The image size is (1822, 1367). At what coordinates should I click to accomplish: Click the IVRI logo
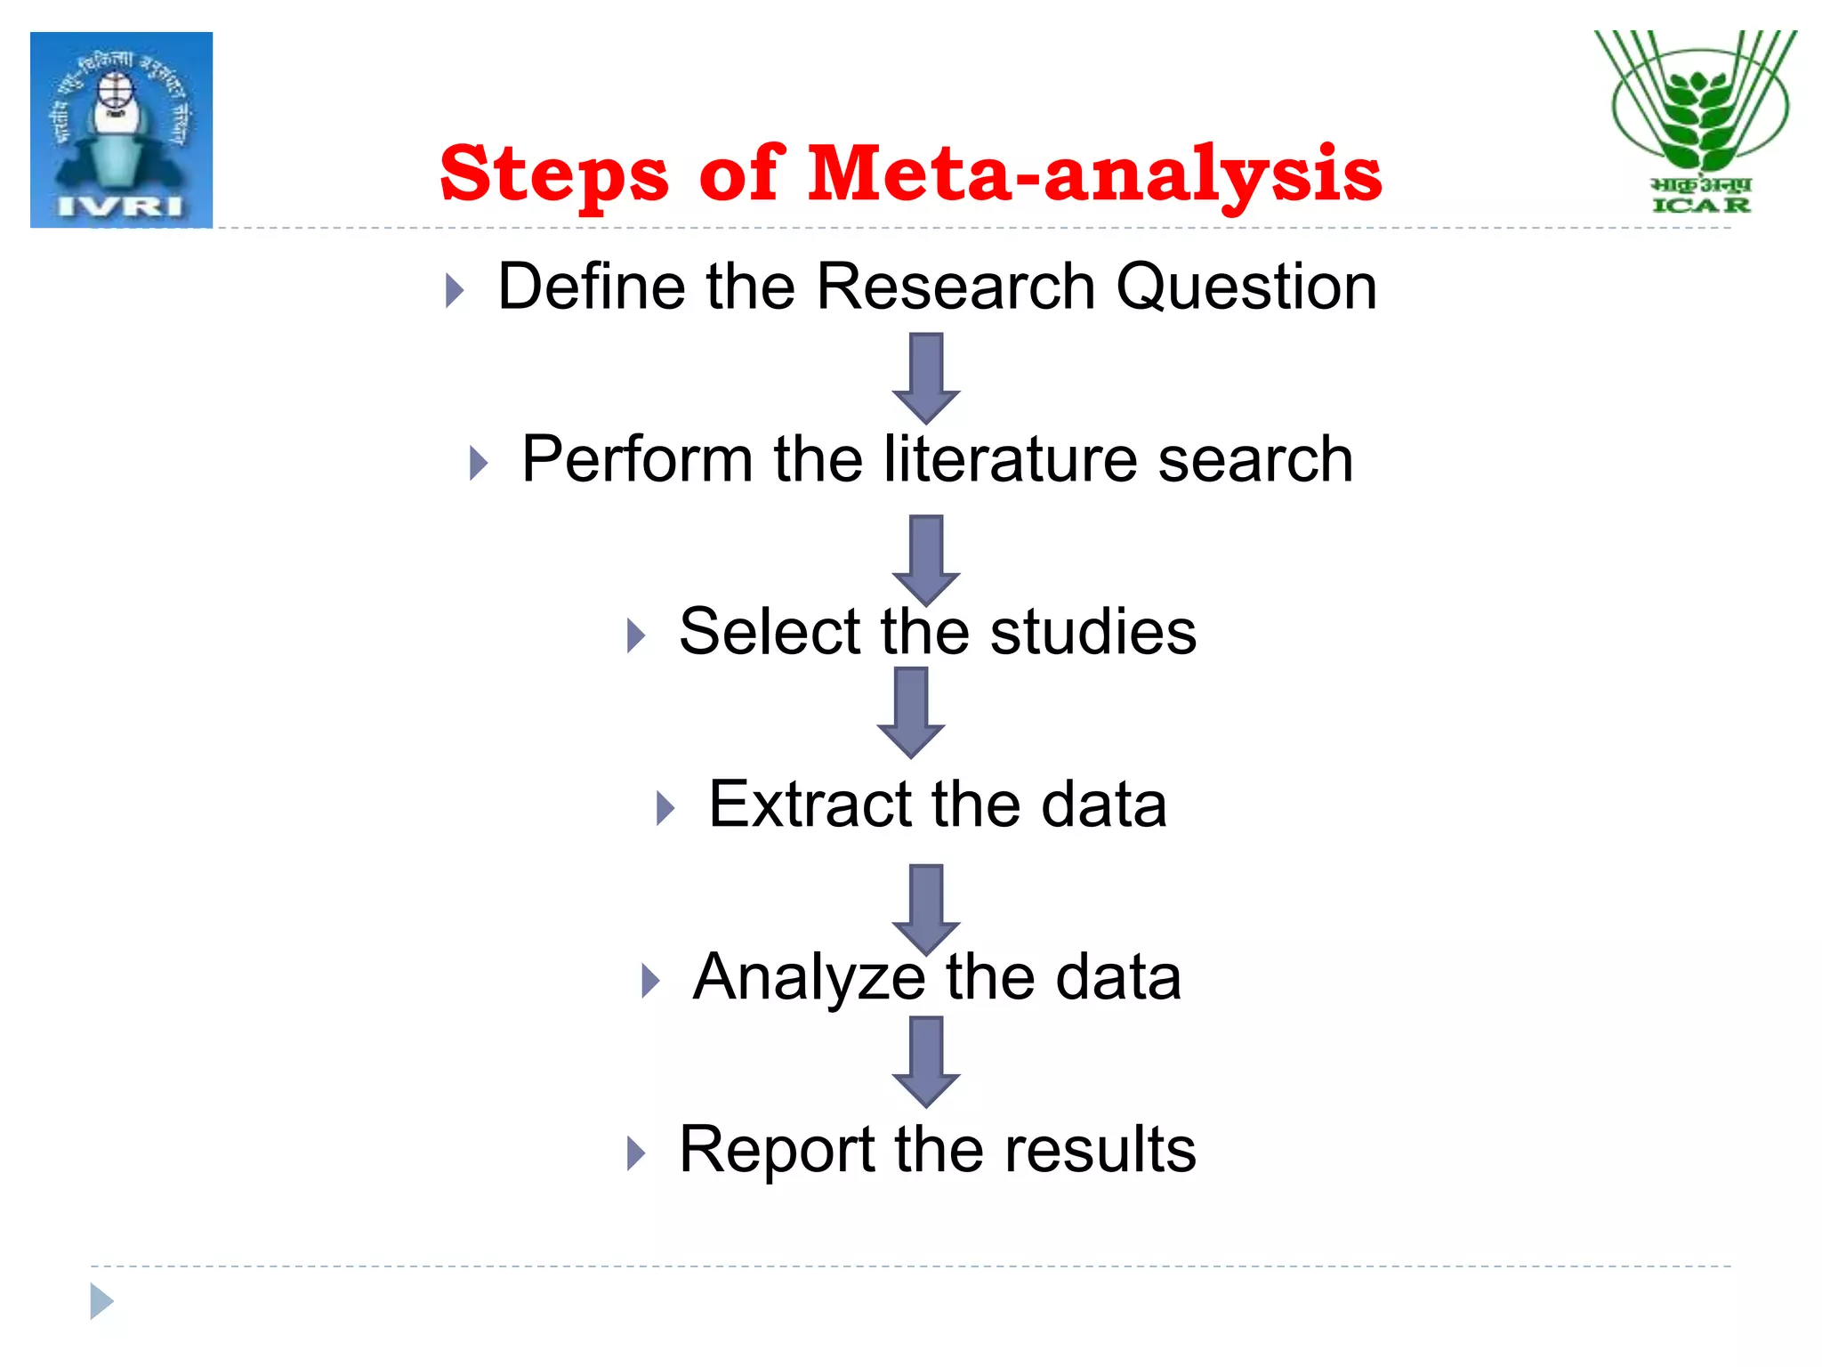(121, 130)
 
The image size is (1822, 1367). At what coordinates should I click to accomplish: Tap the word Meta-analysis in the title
(1094, 174)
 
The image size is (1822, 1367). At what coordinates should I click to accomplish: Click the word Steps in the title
(553, 174)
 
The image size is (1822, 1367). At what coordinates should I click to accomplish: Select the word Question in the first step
(1246, 287)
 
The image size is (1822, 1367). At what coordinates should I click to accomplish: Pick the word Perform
(637, 459)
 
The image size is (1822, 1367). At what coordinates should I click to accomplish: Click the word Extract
(809, 805)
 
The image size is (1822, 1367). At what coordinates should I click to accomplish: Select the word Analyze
(809, 977)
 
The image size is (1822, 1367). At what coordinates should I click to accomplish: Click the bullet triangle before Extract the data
(665, 808)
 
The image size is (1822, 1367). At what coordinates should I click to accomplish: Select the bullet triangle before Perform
(479, 463)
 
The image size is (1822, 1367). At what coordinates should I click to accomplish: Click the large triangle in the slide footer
(101, 1301)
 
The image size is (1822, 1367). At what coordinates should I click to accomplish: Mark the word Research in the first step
(955, 287)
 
